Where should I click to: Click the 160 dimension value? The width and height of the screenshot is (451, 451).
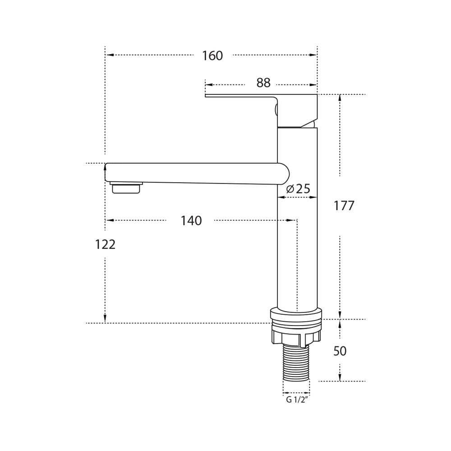click(212, 55)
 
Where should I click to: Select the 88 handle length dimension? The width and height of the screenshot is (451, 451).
click(263, 83)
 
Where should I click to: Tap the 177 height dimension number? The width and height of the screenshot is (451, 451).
click(344, 206)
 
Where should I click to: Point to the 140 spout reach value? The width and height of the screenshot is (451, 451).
click(191, 221)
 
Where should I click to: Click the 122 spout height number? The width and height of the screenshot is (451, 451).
click(105, 244)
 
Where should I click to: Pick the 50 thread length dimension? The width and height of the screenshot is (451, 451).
click(340, 351)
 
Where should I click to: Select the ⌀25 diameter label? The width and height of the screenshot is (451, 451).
click(298, 189)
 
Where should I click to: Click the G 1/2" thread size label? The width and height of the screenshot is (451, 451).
click(297, 400)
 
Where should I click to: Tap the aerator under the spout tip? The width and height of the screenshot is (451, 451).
click(127, 187)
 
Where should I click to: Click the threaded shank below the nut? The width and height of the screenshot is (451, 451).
click(297, 363)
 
